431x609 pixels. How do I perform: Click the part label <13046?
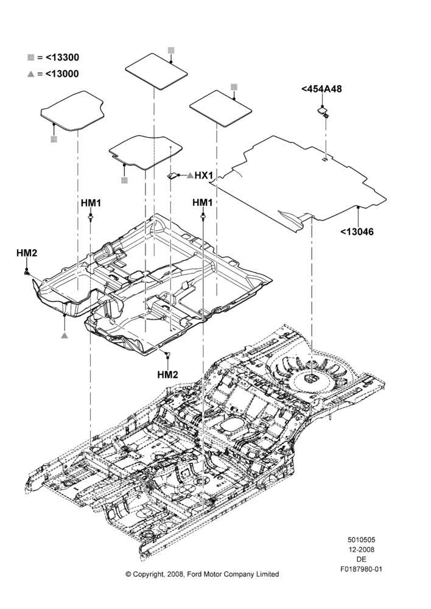coord(357,232)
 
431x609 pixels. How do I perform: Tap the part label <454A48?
coord(321,89)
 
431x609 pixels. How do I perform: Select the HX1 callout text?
coord(204,175)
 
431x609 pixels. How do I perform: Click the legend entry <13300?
coord(62,57)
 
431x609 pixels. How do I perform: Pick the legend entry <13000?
coord(62,74)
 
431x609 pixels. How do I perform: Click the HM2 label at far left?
coord(27,253)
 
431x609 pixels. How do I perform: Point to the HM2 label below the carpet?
coord(168,375)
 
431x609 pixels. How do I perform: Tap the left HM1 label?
coord(91,203)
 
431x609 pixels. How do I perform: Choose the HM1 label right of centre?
coord(203,202)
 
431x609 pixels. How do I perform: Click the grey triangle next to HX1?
coord(191,175)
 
